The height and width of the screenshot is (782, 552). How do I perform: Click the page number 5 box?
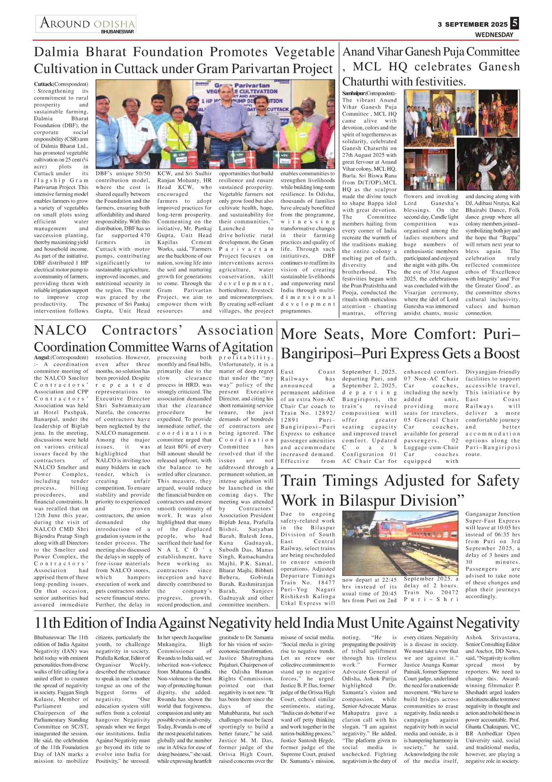(x=514, y=23)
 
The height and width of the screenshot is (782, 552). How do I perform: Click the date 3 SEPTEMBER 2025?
(x=472, y=25)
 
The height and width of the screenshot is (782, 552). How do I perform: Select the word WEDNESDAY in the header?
(x=494, y=35)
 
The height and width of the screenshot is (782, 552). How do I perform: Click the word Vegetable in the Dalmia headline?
(x=304, y=52)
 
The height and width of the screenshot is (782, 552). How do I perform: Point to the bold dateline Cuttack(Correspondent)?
(x=61, y=84)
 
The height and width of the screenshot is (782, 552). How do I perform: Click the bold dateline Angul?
(x=42, y=357)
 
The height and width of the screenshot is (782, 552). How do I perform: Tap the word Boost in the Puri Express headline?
(x=501, y=354)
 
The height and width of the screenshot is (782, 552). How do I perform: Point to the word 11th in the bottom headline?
(x=49, y=623)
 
